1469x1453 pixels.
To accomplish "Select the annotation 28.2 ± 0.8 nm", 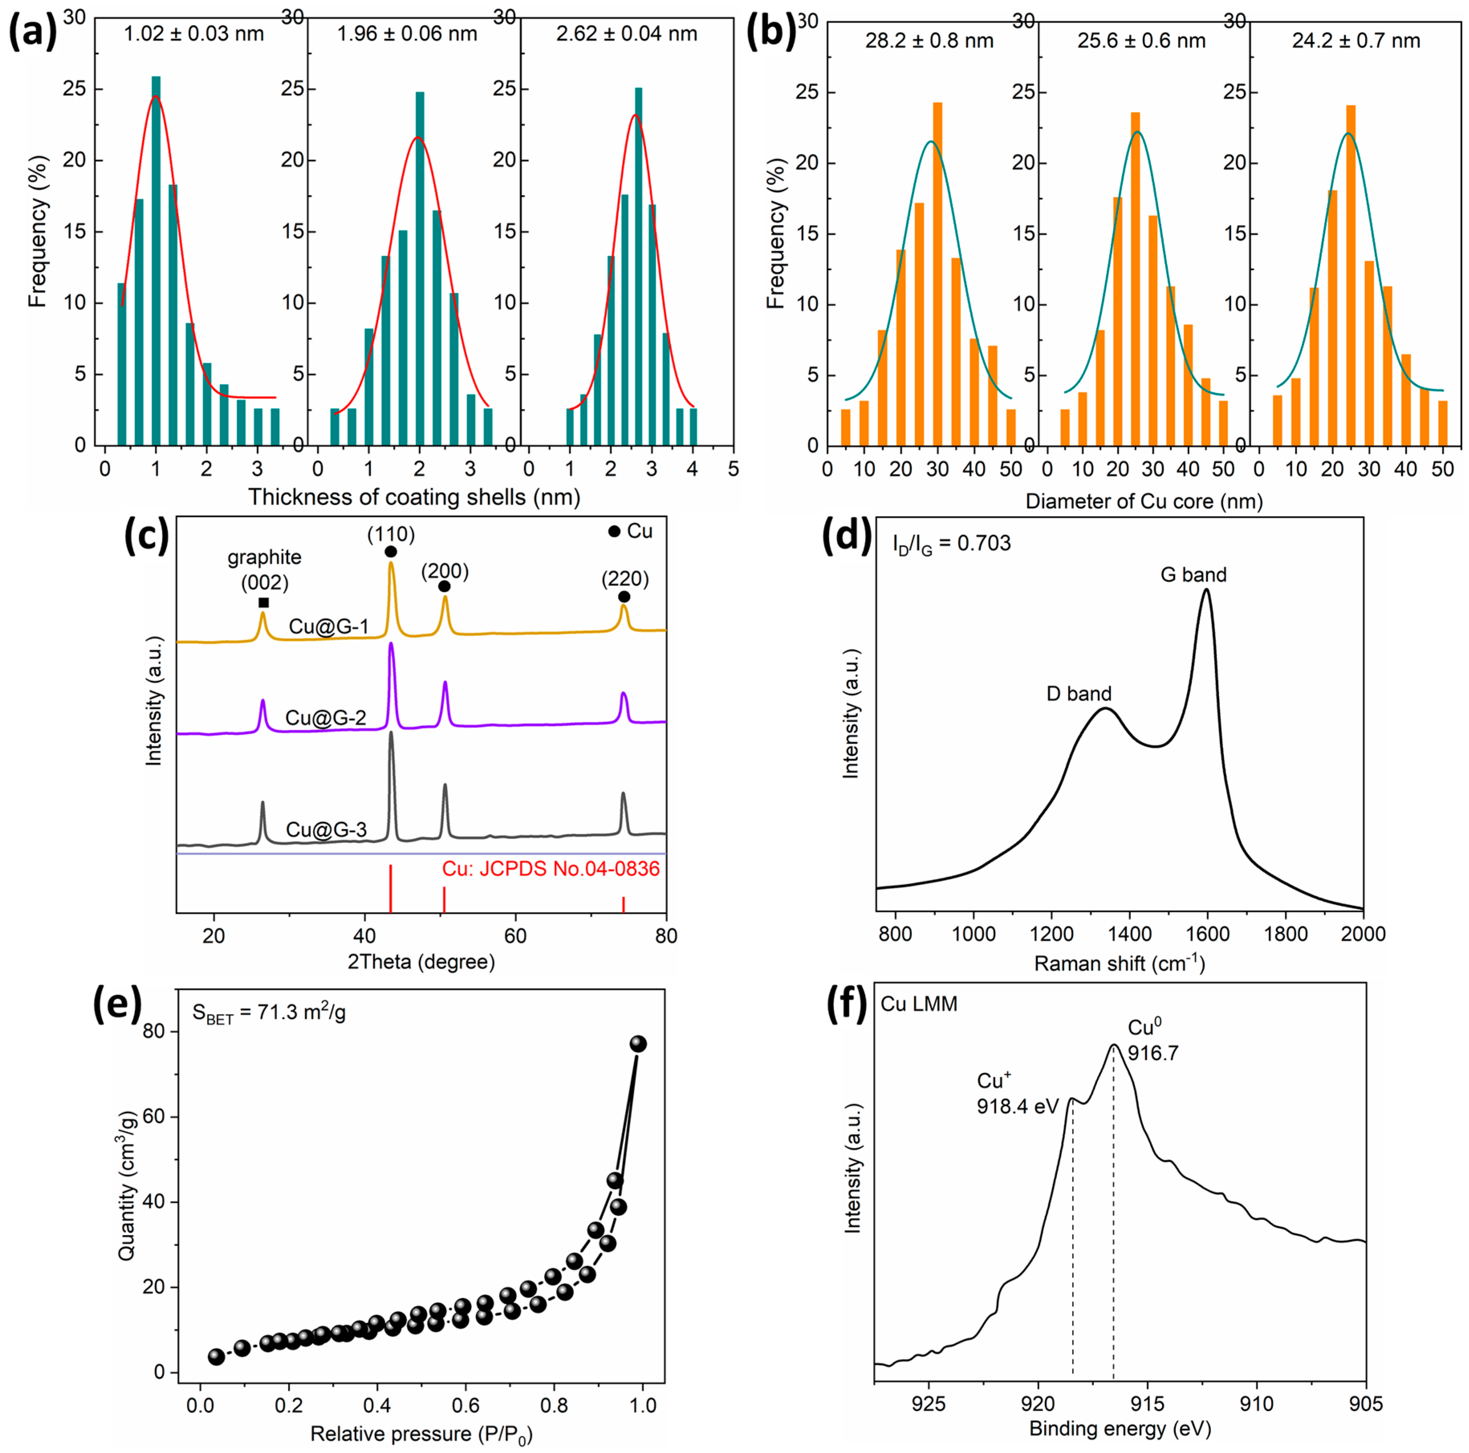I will point(929,41).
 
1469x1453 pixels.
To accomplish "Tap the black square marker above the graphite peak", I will point(263,603).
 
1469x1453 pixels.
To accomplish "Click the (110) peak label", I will point(391,534).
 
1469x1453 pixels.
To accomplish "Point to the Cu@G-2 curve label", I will point(325,718).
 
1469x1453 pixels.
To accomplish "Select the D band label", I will point(1079,694).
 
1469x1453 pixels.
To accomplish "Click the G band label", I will point(1193,575).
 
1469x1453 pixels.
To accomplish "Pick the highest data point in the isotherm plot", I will point(638,1044).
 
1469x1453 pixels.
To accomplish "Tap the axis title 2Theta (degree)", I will point(421,962).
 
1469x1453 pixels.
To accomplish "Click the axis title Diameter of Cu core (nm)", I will point(1144,502).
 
